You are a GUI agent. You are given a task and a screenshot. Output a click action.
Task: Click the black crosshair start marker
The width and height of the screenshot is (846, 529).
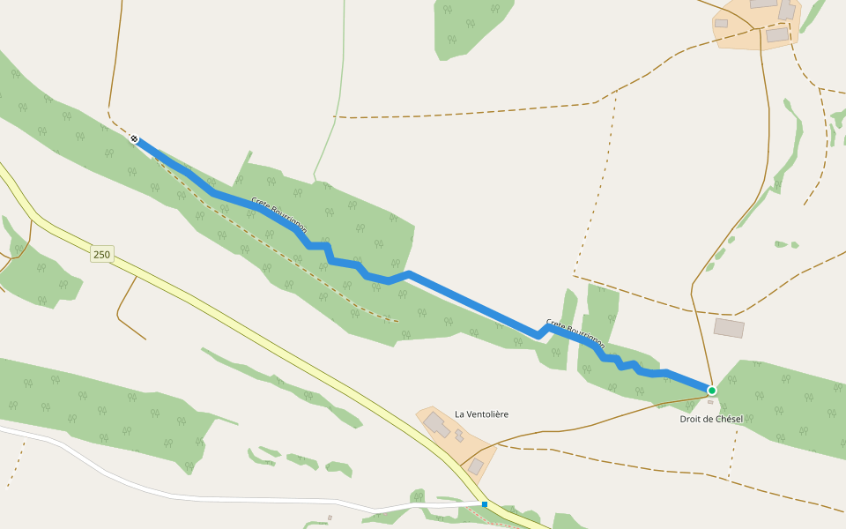coord(134,138)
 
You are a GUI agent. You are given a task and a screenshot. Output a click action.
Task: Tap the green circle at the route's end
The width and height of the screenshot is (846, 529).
coord(712,390)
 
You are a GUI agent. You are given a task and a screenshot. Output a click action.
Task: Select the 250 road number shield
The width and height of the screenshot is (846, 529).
coord(102,255)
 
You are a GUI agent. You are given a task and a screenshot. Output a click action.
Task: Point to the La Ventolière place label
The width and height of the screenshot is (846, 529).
coord(481,414)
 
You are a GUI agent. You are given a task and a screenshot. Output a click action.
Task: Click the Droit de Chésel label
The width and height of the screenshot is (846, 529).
coord(711,419)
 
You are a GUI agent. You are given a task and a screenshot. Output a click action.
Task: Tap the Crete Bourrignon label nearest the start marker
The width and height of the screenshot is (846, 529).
coord(279,215)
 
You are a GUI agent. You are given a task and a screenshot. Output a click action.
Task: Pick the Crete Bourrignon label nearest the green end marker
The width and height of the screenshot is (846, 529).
coord(575,333)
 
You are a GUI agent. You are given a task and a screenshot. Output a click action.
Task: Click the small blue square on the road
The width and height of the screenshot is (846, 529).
coord(485,504)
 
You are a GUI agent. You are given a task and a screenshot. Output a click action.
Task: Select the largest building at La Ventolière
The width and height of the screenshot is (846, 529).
coord(437,425)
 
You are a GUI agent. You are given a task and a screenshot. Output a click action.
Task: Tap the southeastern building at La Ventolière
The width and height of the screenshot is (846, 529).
coord(476,466)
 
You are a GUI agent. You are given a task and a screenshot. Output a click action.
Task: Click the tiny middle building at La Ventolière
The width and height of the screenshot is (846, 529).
coord(459,436)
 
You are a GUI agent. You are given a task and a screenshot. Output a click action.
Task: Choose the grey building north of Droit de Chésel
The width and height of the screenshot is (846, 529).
coord(729,328)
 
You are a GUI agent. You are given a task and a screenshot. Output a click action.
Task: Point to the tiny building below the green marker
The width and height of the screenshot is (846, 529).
coord(710,402)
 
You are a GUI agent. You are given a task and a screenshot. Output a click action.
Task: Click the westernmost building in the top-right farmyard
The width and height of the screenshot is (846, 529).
coord(721,24)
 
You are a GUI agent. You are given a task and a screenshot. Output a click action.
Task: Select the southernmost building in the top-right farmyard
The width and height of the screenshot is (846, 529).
coord(777,35)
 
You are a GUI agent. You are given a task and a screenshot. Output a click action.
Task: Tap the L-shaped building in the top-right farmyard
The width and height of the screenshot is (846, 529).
coord(786,11)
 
